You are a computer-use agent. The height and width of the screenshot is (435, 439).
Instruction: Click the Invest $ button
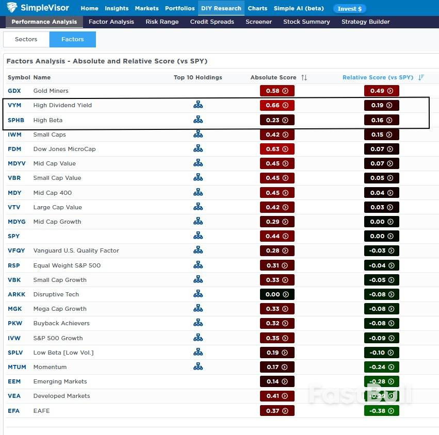pyautogui.click(x=350, y=9)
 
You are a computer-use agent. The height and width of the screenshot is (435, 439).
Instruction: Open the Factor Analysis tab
pyautogui.click(x=111, y=22)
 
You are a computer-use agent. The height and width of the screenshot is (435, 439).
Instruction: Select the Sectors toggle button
pyautogui.click(x=26, y=39)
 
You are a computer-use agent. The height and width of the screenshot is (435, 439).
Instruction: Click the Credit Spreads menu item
pyautogui.click(x=212, y=22)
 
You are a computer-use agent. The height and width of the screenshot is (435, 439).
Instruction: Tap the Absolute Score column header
pyautogui.click(x=273, y=77)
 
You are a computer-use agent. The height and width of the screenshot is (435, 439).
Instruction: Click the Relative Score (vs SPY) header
pyautogui.click(x=378, y=77)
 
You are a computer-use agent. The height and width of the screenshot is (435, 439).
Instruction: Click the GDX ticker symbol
pyautogui.click(x=14, y=91)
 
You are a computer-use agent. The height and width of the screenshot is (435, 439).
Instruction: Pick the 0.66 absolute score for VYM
pyautogui.click(x=277, y=105)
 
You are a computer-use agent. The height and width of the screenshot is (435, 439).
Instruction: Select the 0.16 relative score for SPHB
pyautogui.click(x=381, y=120)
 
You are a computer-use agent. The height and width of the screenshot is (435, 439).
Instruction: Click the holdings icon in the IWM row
pyautogui.click(x=198, y=135)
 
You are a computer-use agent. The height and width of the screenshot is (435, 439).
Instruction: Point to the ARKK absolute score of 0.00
pyautogui.click(x=277, y=294)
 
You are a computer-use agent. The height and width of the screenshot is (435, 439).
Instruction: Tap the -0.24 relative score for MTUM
pyautogui.click(x=381, y=367)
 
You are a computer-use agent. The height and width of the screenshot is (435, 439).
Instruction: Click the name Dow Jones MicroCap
pyautogui.click(x=64, y=149)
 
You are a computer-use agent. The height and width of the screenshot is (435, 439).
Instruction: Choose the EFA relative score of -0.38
pyautogui.click(x=381, y=411)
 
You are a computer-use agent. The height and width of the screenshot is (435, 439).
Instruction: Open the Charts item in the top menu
pyautogui.click(x=257, y=8)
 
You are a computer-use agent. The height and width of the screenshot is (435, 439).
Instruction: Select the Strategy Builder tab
pyautogui.click(x=365, y=22)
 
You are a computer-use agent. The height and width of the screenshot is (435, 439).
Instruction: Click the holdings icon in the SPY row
pyautogui.click(x=198, y=236)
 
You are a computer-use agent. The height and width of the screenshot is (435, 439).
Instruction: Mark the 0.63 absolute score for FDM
pyautogui.click(x=277, y=149)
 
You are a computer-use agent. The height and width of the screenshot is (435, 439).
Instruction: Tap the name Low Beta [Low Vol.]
pyautogui.click(x=63, y=353)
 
